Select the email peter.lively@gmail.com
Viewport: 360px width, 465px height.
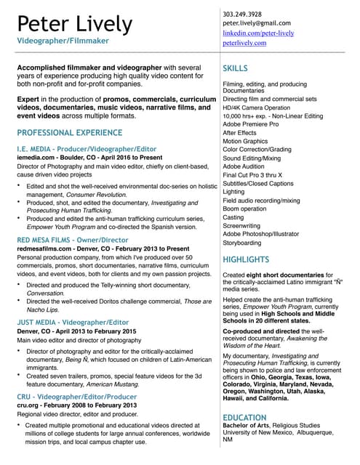(x=256, y=23)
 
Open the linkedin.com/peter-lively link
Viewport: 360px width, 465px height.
(x=257, y=33)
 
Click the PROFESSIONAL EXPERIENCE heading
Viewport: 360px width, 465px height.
(x=69, y=133)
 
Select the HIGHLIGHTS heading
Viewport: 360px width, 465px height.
(x=245, y=259)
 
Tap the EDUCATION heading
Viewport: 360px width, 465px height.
(x=244, y=418)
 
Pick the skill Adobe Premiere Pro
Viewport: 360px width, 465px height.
(x=250, y=124)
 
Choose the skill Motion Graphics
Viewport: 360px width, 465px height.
(x=245, y=141)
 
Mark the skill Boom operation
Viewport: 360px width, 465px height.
(x=245, y=209)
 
